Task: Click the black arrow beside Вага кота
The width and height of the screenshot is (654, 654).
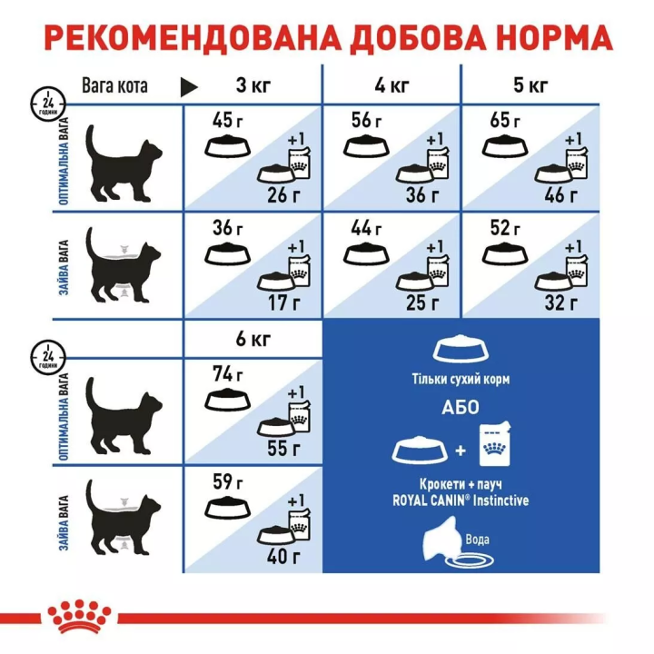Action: coord(189,86)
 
